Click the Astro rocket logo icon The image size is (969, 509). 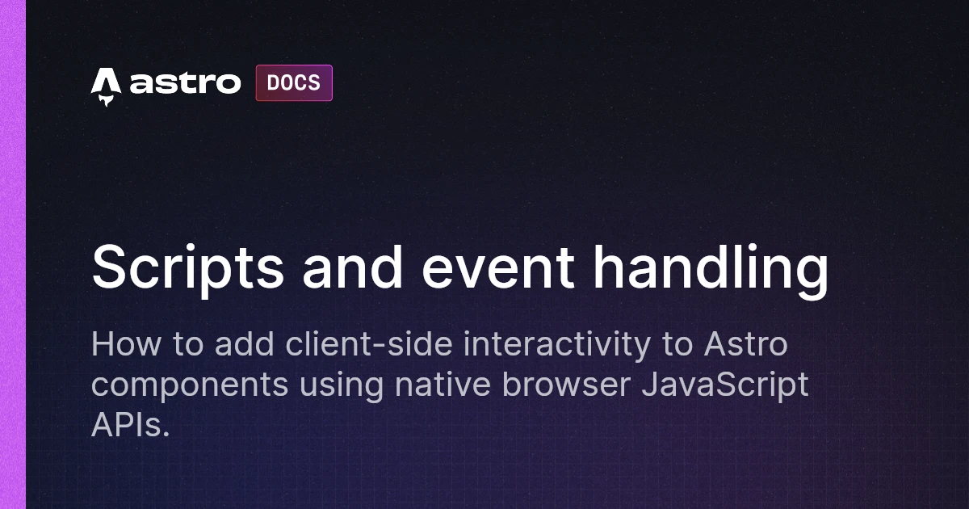tap(106, 86)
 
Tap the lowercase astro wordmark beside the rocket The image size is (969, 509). tap(185, 83)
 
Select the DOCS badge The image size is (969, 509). tap(294, 83)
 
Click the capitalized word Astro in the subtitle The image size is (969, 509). tap(745, 345)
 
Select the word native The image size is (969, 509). tap(443, 385)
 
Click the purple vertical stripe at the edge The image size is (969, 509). tap(13, 254)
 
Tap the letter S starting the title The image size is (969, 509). tap(108, 268)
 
